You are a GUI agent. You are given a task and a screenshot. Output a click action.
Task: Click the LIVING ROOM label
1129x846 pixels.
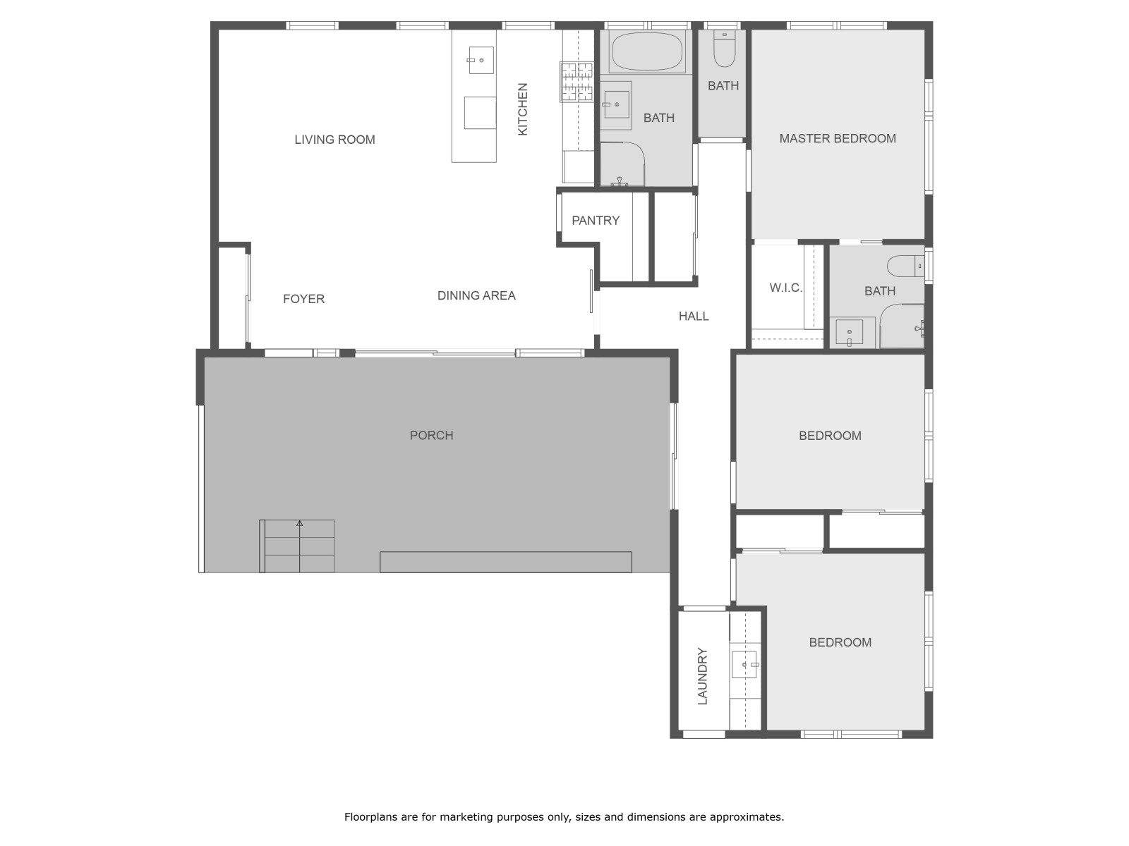coord(334,139)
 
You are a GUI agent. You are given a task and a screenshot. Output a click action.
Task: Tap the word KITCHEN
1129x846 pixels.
coord(522,109)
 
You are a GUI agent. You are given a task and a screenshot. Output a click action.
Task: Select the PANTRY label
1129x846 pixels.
coord(595,221)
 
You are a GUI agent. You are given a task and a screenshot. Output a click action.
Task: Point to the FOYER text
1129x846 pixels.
coord(303,299)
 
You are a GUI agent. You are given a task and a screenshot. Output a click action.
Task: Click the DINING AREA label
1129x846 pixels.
coord(476,295)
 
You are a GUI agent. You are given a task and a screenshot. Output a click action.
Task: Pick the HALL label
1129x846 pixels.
coord(694,316)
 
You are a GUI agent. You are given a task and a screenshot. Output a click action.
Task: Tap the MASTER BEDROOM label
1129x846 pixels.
coord(838,138)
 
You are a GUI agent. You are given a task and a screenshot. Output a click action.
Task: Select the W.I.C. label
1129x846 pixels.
coord(785,288)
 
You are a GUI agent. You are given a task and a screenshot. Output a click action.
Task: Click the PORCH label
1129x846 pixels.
coord(431,435)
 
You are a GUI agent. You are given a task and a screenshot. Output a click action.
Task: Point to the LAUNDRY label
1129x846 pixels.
coord(702,676)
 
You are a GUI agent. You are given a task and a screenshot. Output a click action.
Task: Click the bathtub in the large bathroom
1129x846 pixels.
coord(646,52)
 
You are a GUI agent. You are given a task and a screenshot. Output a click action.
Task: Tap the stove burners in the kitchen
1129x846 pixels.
coord(576,82)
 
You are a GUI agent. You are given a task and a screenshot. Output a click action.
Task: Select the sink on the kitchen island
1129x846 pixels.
coord(481,60)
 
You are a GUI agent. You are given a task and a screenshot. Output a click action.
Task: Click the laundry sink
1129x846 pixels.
coord(745,665)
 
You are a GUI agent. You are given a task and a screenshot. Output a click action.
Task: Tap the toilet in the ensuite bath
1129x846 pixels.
coord(906,266)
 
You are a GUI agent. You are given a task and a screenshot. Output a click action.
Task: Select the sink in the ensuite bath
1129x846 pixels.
coord(849,332)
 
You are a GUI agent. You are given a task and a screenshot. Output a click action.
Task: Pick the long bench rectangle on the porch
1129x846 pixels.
coord(506,562)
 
